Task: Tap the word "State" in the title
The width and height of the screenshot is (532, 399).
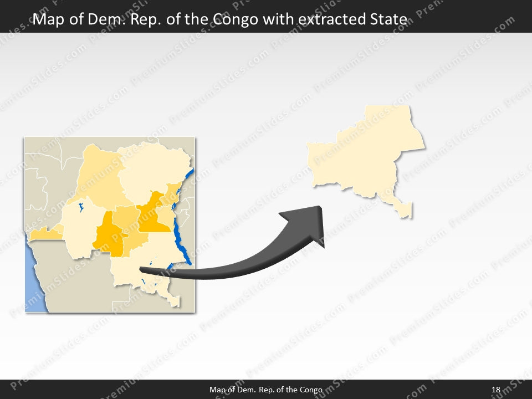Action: click(387, 20)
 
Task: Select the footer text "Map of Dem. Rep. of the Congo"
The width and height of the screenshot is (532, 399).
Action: click(266, 390)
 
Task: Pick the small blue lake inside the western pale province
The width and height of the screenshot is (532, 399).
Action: click(81, 209)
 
